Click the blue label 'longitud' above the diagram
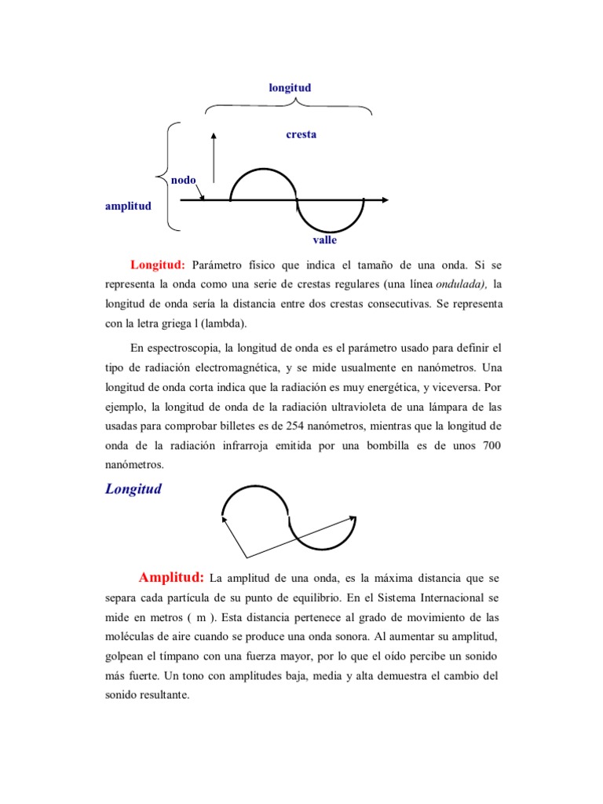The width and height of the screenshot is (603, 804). pos(290,88)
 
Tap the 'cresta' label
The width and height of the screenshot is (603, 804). pos(301,134)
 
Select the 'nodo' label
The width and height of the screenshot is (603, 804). pos(184,180)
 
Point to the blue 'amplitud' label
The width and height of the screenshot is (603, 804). pos(129,206)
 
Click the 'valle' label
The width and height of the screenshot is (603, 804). pos(325,239)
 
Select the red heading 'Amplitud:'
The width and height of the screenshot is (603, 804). pos(171,578)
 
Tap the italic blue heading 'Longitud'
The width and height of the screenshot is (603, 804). pos(133,489)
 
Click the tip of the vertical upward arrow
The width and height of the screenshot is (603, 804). pos(214,135)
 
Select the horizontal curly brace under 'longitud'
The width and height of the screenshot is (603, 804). pos(287,108)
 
